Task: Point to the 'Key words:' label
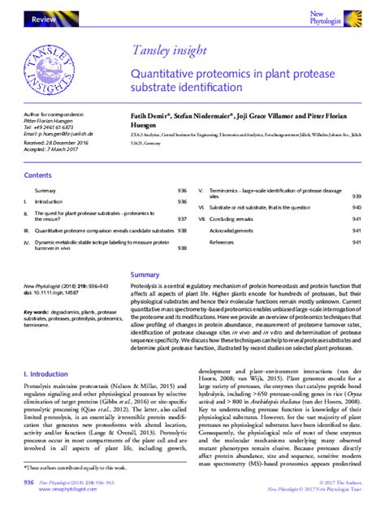[x=37, y=311]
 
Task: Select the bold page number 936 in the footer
[x=28, y=483]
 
